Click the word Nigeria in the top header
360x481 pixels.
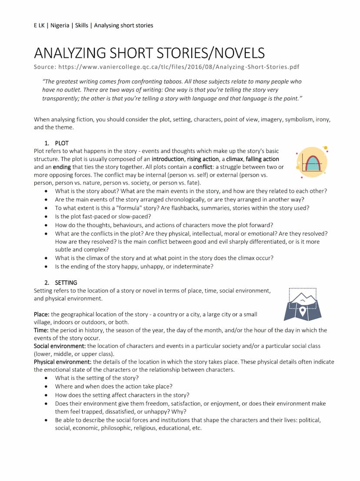[60, 25]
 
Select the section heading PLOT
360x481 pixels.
[62, 143]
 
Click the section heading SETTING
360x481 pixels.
[66, 282]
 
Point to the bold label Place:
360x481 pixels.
[42, 314]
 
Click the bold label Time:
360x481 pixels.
[41, 330]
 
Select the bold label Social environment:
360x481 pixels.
[60, 346]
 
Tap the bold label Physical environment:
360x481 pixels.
[63, 362]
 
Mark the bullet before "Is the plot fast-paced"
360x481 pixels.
[47, 216]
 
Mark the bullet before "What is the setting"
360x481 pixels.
[47, 378]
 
